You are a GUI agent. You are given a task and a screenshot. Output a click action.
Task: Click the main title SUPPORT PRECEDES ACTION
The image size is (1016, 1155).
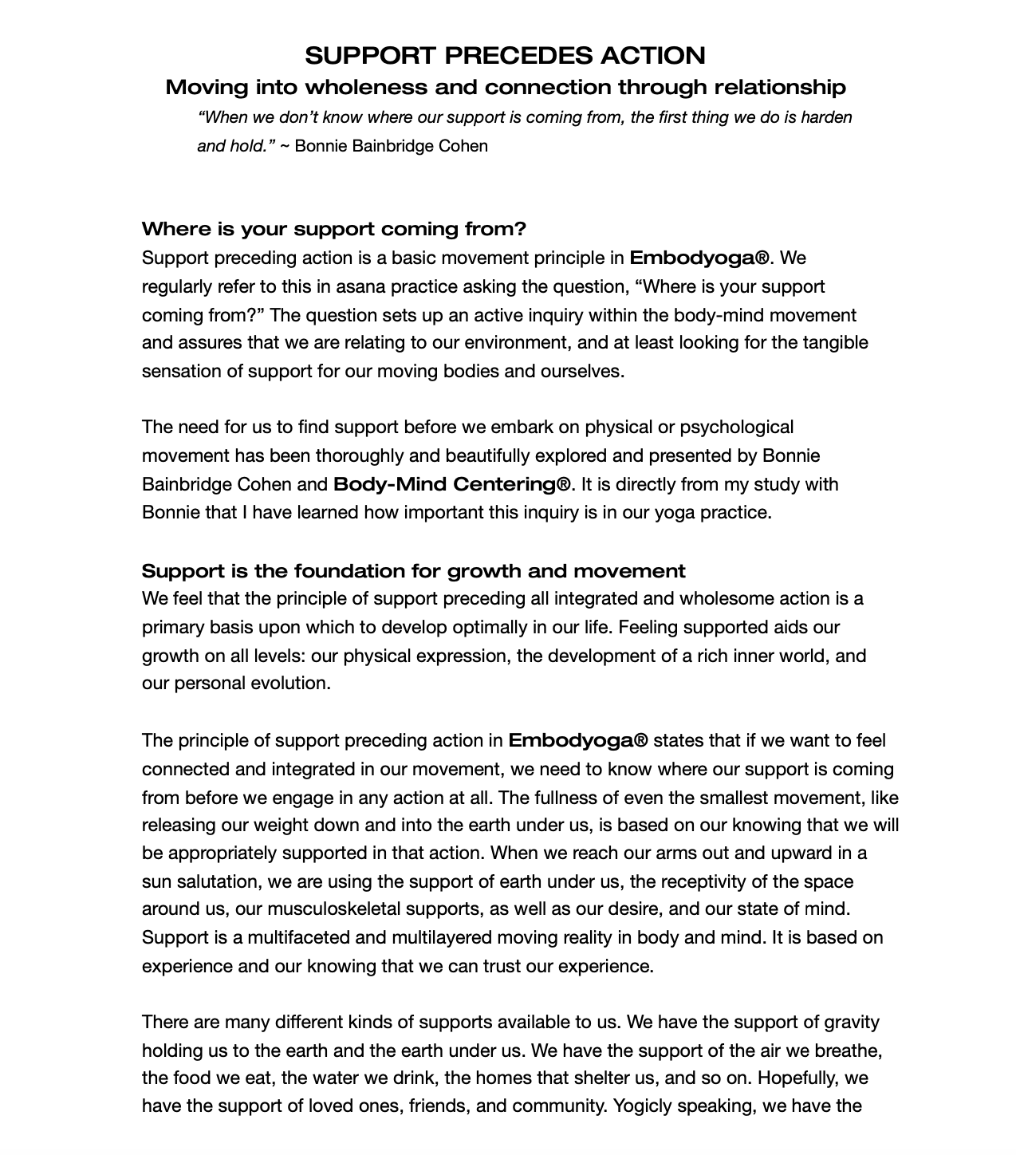(x=505, y=56)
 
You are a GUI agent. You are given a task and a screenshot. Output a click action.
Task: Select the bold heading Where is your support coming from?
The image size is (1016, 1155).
(x=334, y=230)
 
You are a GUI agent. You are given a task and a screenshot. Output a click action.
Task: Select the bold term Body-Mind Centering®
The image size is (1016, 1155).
(x=452, y=484)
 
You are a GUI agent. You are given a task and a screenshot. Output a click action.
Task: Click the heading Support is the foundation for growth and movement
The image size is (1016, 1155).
(x=413, y=571)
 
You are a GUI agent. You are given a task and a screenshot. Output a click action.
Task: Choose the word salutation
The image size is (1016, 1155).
(x=212, y=881)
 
